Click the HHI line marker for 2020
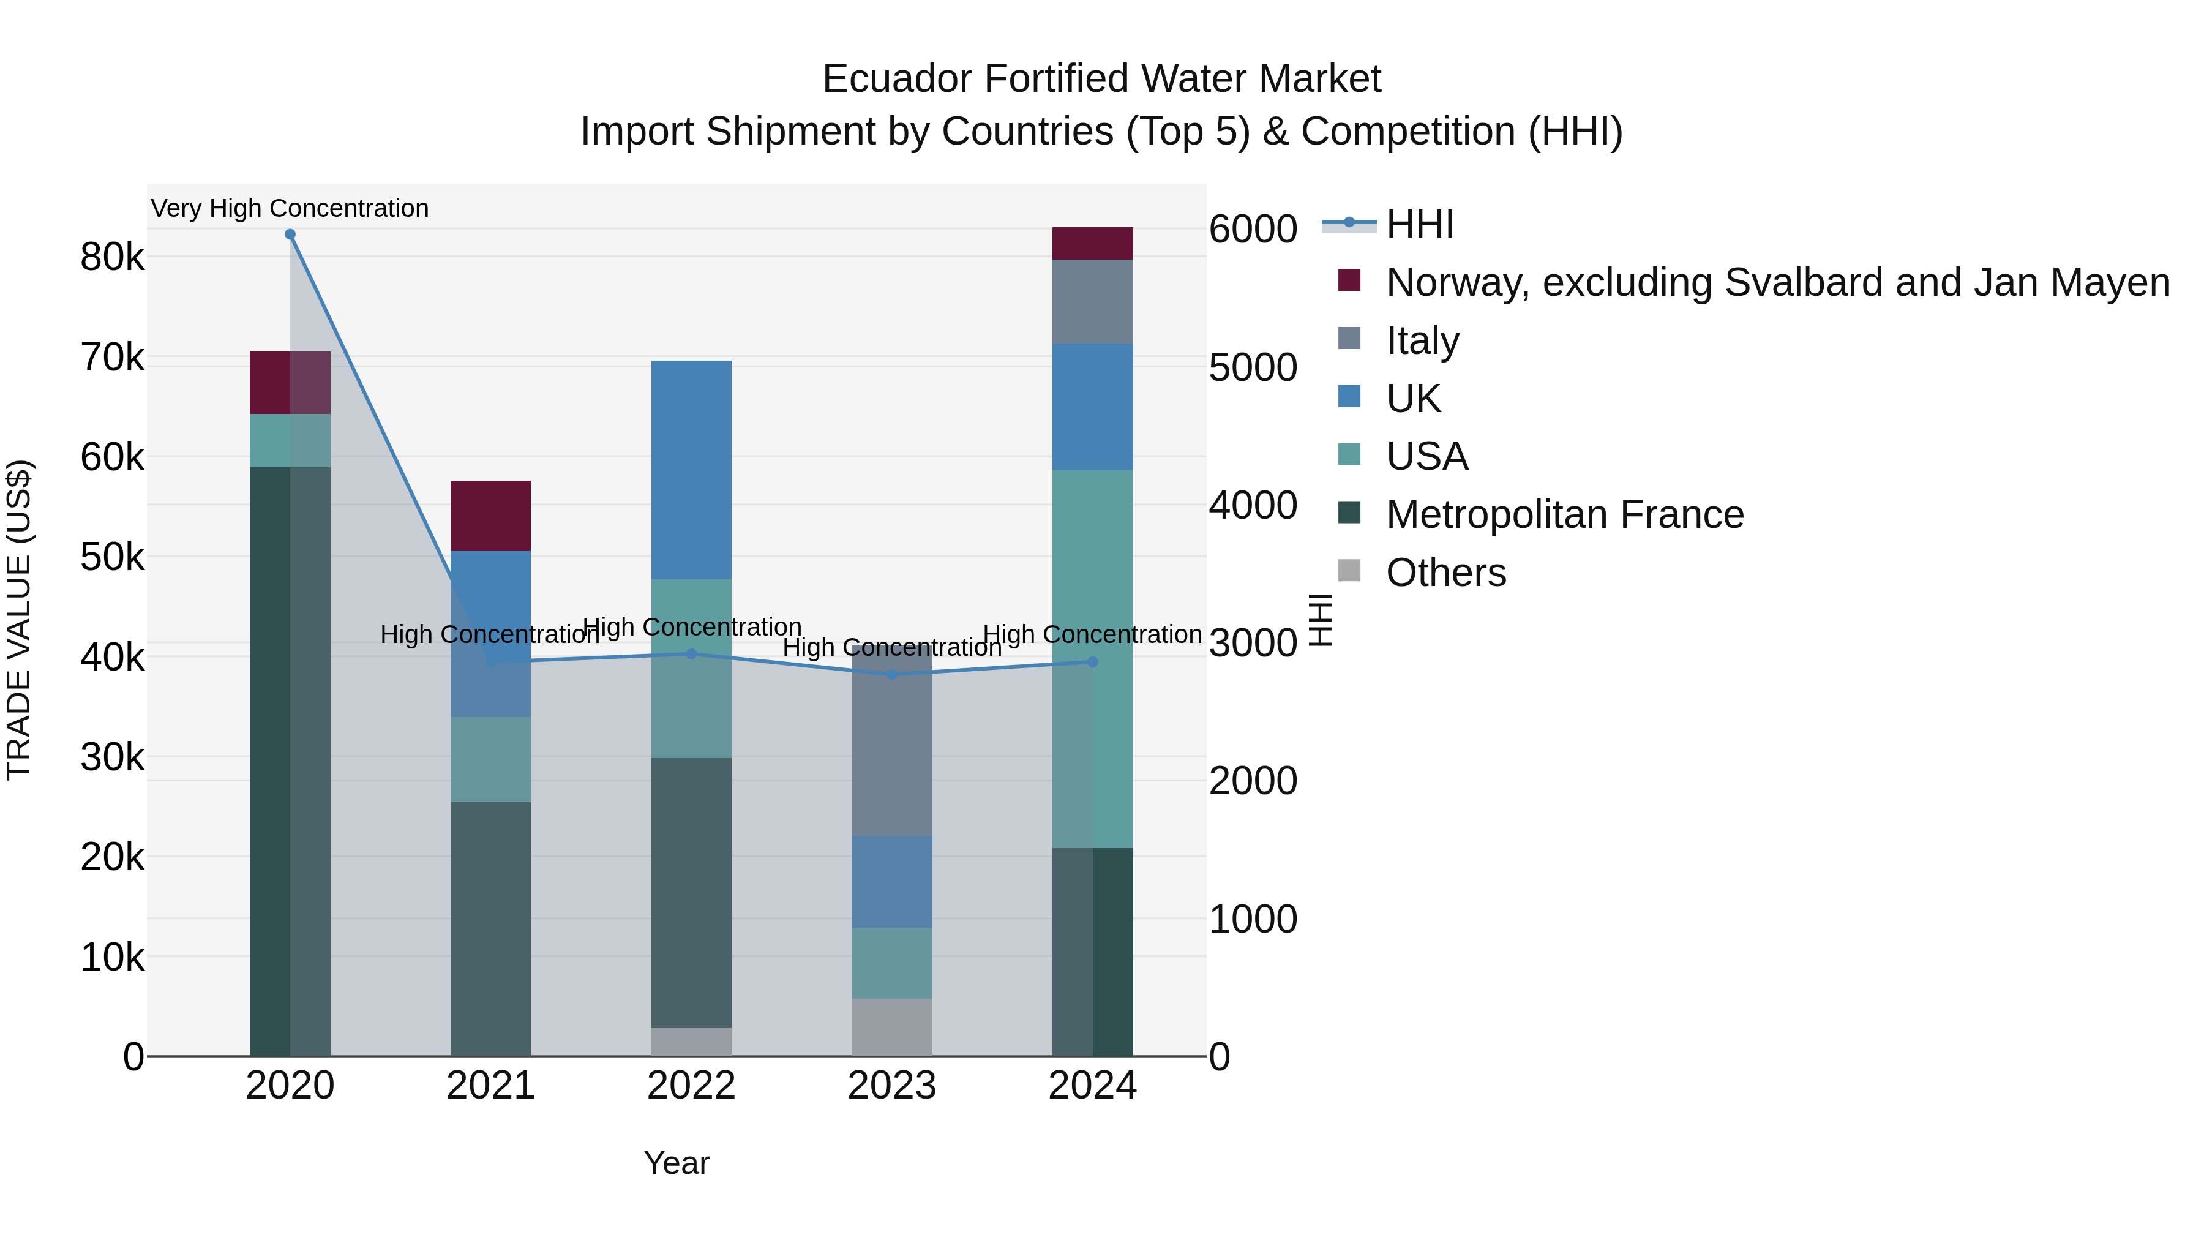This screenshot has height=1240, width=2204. click(290, 235)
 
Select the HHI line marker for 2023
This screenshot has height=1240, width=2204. click(893, 674)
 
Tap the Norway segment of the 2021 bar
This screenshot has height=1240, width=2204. click(490, 516)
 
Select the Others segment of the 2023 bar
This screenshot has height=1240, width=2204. click(893, 1027)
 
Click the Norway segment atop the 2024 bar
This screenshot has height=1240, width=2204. click(1093, 243)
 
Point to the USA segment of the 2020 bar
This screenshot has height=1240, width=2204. click(290, 441)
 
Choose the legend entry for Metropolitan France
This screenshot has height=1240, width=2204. click(1564, 514)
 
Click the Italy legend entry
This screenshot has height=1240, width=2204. click(1422, 340)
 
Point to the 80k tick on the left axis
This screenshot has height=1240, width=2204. click(112, 257)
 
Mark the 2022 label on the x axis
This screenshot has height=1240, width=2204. click(691, 1086)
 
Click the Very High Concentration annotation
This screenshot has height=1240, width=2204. click(290, 208)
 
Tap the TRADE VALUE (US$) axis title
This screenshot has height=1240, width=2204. click(19, 620)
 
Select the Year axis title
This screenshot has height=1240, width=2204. click(676, 1163)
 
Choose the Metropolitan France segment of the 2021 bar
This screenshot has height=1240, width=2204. click(490, 928)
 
